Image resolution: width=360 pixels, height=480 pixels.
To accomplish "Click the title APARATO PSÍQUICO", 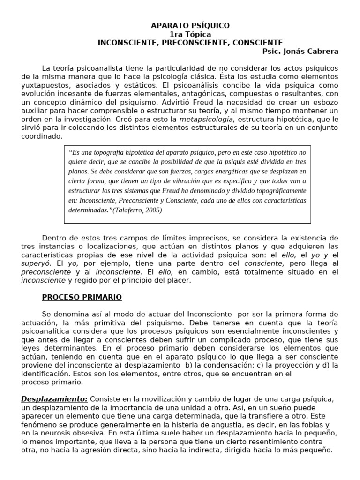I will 190,26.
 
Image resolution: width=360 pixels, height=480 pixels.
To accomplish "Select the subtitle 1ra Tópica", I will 190,34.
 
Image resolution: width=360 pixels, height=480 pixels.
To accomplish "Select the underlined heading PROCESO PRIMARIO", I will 82,297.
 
